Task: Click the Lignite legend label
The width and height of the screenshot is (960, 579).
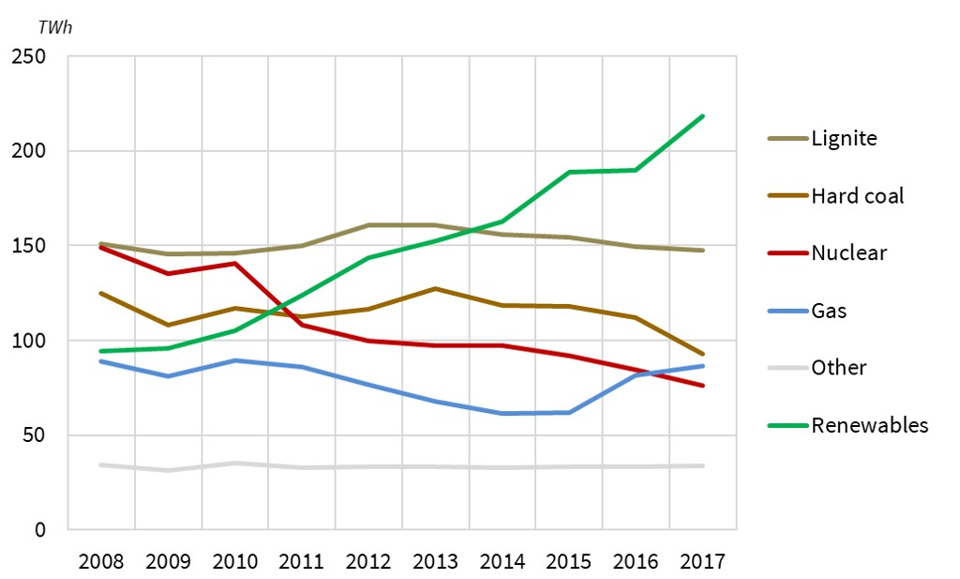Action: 844,139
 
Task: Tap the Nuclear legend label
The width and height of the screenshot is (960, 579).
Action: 848,253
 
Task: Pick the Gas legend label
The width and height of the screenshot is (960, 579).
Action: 829,311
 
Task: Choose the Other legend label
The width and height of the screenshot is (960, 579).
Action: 838,368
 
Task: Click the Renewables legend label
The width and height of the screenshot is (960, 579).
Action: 870,425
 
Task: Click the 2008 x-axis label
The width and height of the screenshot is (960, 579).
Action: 101,562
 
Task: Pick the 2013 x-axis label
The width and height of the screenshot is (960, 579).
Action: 435,562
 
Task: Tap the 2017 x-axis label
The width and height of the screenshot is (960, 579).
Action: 702,562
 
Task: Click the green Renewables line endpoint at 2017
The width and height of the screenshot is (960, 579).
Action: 702,116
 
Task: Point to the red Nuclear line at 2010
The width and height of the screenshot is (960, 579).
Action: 235,264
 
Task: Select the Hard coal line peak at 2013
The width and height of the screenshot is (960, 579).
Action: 435,288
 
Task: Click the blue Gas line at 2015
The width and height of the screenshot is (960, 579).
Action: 569,412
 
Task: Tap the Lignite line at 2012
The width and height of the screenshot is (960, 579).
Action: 368,225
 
